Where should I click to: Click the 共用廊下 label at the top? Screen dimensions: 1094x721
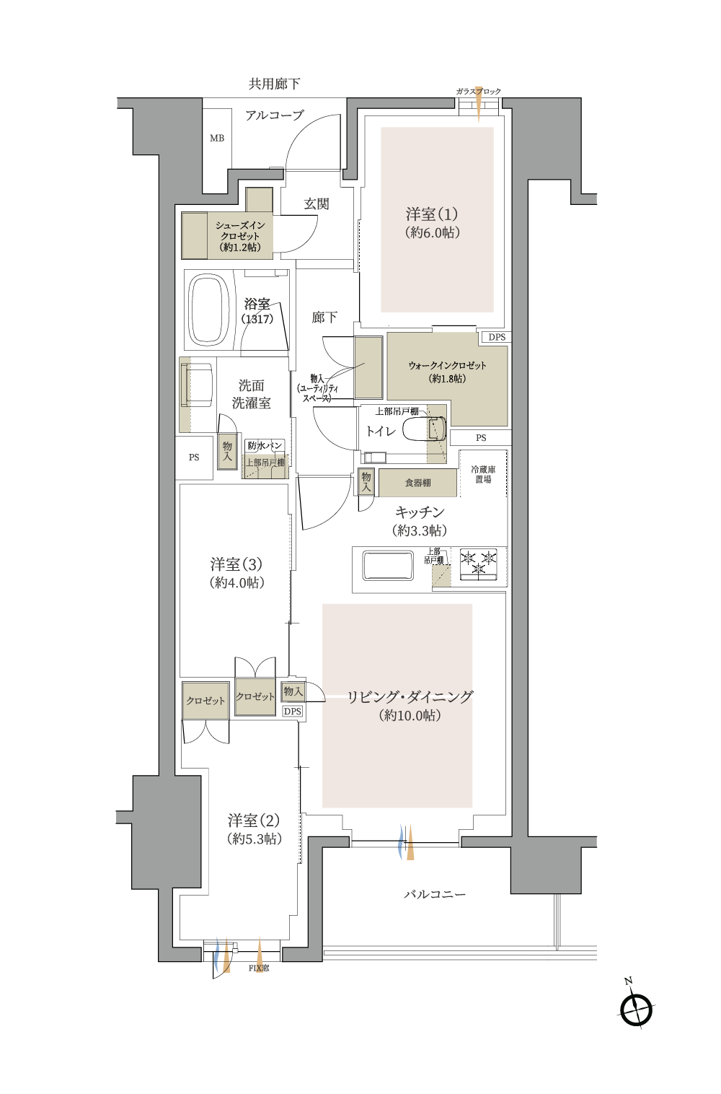(x=274, y=84)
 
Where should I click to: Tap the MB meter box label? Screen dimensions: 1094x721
(x=217, y=139)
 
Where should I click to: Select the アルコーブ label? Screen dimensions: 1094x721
(x=274, y=115)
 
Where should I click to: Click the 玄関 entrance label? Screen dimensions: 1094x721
(x=317, y=204)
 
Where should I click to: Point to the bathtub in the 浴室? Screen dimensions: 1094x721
(x=209, y=309)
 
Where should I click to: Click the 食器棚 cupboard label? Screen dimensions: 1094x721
(x=417, y=483)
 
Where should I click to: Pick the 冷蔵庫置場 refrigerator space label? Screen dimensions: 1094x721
(x=483, y=474)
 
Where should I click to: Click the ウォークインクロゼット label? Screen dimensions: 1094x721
(x=447, y=365)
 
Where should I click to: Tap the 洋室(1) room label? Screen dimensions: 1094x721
(x=432, y=214)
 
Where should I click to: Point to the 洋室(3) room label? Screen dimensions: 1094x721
(x=236, y=564)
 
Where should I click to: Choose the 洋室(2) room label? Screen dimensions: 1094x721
(x=254, y=820)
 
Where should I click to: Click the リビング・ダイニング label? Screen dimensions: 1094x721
(x=410, y=697)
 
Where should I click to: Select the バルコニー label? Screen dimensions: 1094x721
(x=434, y=894)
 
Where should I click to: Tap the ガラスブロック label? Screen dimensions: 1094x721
(x=478, y=92)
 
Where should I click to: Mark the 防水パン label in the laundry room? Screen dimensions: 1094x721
(x=265, y=446)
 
